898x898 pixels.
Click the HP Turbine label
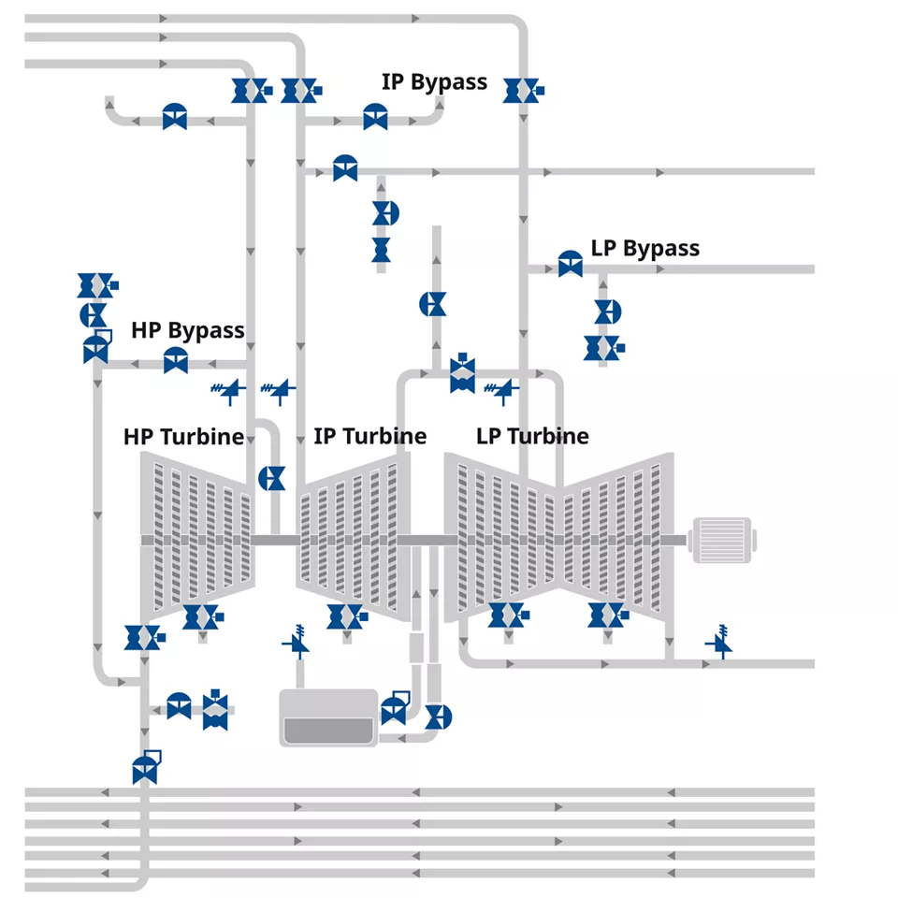click(x=184, y=437)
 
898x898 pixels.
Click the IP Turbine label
click(x=370, y=436)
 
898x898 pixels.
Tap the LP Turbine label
click(x=532, y=436)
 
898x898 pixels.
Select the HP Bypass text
click(x=188, y=330)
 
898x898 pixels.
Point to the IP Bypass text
click(x=434, y=82)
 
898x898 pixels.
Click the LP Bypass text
click(x=645, y=249)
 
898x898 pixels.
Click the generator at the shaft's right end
click(x=722, y=540)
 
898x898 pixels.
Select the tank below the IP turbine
click(x=328, y=717)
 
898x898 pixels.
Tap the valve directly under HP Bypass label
click(x=176, y=360)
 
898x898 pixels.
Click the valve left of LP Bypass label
click(x=571, y=264)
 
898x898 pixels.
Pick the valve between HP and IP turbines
click(x=272, y=478)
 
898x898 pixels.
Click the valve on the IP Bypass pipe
click(x=376, y=117)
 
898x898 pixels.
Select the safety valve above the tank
click(x=297, y=642)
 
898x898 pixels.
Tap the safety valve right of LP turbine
click(x=720, y=642)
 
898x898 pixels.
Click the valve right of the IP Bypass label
click(x=523, y=91)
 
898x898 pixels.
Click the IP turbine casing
click(x=354, y=539)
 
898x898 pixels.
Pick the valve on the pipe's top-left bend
click(x=175, y=117)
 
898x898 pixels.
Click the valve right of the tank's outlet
click(x=439, y=717)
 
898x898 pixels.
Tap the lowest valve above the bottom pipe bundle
click(x=146, y=767)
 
